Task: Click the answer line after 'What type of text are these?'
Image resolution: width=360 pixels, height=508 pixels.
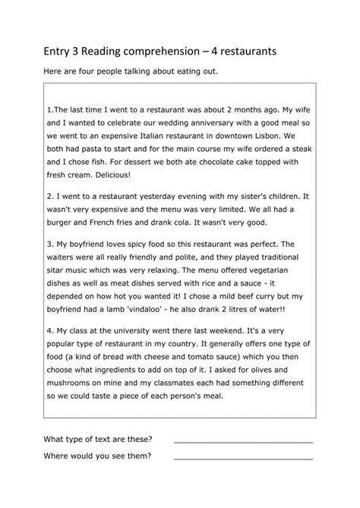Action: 243,440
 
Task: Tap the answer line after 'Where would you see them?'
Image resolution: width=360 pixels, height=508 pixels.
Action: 243,457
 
